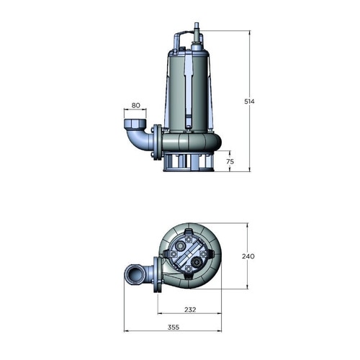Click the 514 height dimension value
coord(250,101)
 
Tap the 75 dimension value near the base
coord(230,161)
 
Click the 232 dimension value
coord(189,310)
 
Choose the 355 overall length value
coord(172,328)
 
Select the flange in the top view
coord(154,275)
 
